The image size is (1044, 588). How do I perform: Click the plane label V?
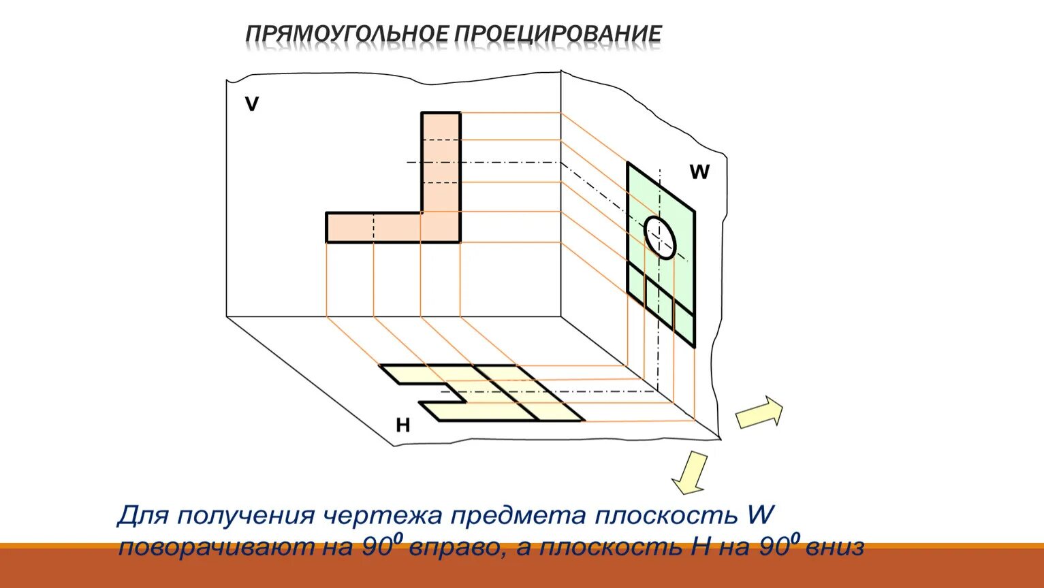252,104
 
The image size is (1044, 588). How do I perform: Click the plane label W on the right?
699,172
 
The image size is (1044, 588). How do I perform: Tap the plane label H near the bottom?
403,426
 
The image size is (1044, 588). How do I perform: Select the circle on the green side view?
661,237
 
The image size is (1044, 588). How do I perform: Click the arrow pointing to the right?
759,412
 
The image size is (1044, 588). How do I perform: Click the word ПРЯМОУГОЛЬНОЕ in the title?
346,34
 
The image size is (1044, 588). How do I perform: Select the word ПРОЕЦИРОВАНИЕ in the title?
558,34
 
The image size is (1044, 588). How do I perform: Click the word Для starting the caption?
143,516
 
